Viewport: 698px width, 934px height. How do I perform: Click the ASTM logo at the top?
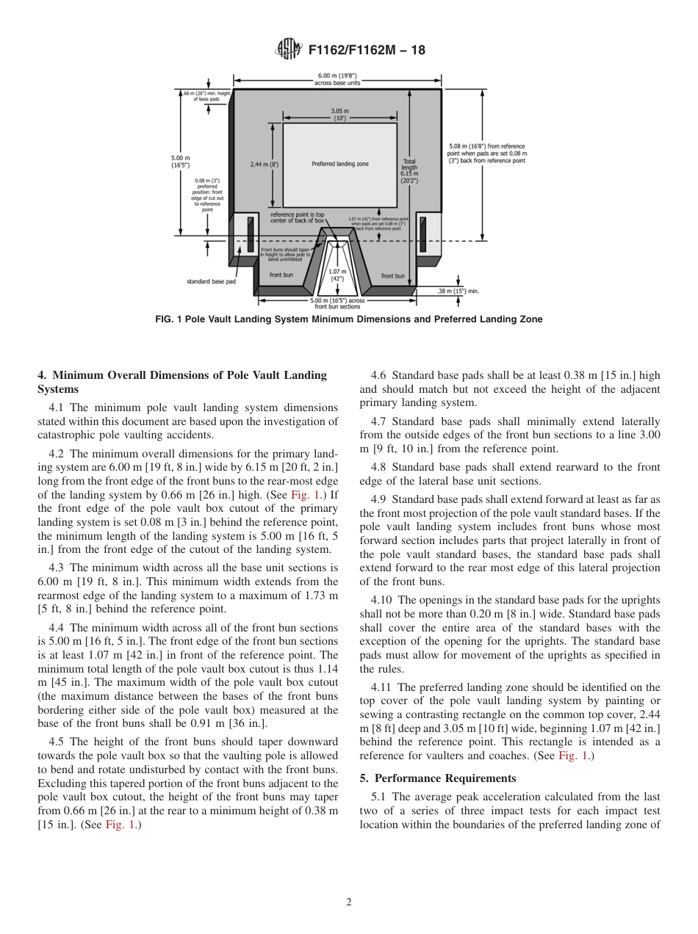288,49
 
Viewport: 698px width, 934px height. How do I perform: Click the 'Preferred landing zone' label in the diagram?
339,164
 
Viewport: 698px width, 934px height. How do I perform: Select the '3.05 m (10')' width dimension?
339,114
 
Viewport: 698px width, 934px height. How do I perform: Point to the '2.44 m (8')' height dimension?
264,164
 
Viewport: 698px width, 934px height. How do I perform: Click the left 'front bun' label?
281,275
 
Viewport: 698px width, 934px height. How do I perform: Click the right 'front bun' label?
393,276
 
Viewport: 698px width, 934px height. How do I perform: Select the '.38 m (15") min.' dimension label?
458,292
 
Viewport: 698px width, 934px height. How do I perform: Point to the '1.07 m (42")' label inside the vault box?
337,275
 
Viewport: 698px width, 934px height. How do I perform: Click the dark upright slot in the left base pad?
251,233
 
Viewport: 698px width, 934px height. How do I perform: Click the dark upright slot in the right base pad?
423,233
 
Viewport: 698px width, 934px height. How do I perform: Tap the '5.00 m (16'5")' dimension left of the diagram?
180,161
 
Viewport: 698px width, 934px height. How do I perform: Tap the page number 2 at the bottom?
348,902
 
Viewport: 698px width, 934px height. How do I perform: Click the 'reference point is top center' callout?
297,217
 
